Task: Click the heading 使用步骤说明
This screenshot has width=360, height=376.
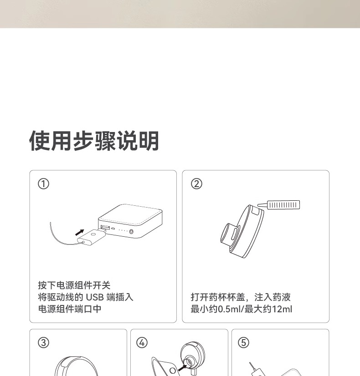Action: click(94, 141)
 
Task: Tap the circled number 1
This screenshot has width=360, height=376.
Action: click(43, 184)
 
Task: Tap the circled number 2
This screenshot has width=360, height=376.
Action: click(196, 184)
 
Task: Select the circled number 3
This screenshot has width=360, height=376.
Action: click(43, 342)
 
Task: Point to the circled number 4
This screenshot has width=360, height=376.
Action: click(142, 342)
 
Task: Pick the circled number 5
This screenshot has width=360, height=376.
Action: click(243, 342)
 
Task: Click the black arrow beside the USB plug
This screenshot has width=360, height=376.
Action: click(79, 233)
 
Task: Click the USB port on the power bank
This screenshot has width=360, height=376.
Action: click(105, 227)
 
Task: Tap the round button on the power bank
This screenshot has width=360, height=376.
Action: click(131, 232)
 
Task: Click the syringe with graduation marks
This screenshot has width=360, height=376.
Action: click(279, 205)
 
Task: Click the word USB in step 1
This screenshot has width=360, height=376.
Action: click(95, 297)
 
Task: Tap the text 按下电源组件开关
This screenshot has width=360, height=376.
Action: click(74, 285)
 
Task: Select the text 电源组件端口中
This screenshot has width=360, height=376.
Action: click(70, 309)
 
